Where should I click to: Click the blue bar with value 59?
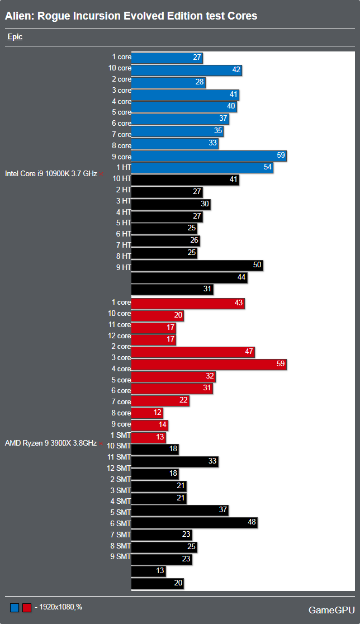click(x=209, y=157)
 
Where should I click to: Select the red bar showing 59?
click(x=209, y=365)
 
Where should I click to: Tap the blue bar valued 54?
click(x=202, y=168)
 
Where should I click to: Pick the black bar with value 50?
click(x=197, y=265)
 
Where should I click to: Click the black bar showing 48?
click(x=194, y=523)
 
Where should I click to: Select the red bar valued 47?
click(x=193, y=352)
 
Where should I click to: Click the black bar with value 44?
click(x=189, y=277)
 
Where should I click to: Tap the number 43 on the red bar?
click(x=239, y=302)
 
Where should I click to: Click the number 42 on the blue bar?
click(x=236, y=70)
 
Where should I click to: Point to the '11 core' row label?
click(x=120, y=325)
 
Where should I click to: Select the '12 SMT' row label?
click(x=119, y=468)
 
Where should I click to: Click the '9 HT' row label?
click(x=123, y=267)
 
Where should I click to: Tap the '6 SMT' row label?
click(x=121, y=523)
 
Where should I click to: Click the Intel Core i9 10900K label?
click(x=50, y=173)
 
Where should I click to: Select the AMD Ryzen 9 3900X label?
click(x=50, y=443)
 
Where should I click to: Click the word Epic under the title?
click(x=15, y=37)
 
